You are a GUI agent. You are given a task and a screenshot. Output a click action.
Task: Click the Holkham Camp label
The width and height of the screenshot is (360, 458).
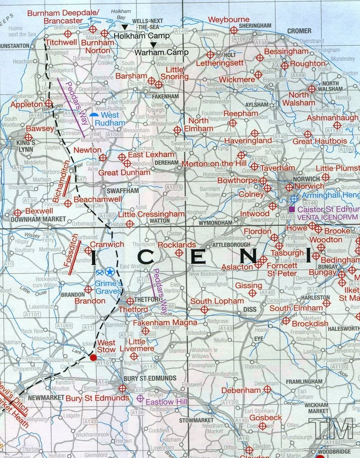click(141, 36)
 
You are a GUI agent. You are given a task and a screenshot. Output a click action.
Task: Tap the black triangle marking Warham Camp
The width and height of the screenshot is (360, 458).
click(153, 45)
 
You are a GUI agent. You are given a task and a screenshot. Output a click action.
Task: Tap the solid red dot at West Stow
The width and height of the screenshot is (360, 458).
click(93, 358)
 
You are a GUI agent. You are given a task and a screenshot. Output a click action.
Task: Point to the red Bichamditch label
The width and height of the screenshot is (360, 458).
click(61, 180)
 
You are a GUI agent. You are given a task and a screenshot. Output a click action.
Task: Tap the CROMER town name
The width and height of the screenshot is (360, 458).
click(299, 31)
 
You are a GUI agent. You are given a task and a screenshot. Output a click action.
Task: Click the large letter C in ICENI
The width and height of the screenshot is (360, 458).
click(148, 257)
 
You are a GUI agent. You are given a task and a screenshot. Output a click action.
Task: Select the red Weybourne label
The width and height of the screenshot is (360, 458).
click(229, 20)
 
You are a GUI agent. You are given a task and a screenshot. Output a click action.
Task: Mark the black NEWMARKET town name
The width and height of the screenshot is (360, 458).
click(44, 398)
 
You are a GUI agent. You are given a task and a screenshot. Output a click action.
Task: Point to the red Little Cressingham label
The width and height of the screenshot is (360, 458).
click(151, 214)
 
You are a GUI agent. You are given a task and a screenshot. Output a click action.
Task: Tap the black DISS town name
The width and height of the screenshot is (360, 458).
click(249, 310)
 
